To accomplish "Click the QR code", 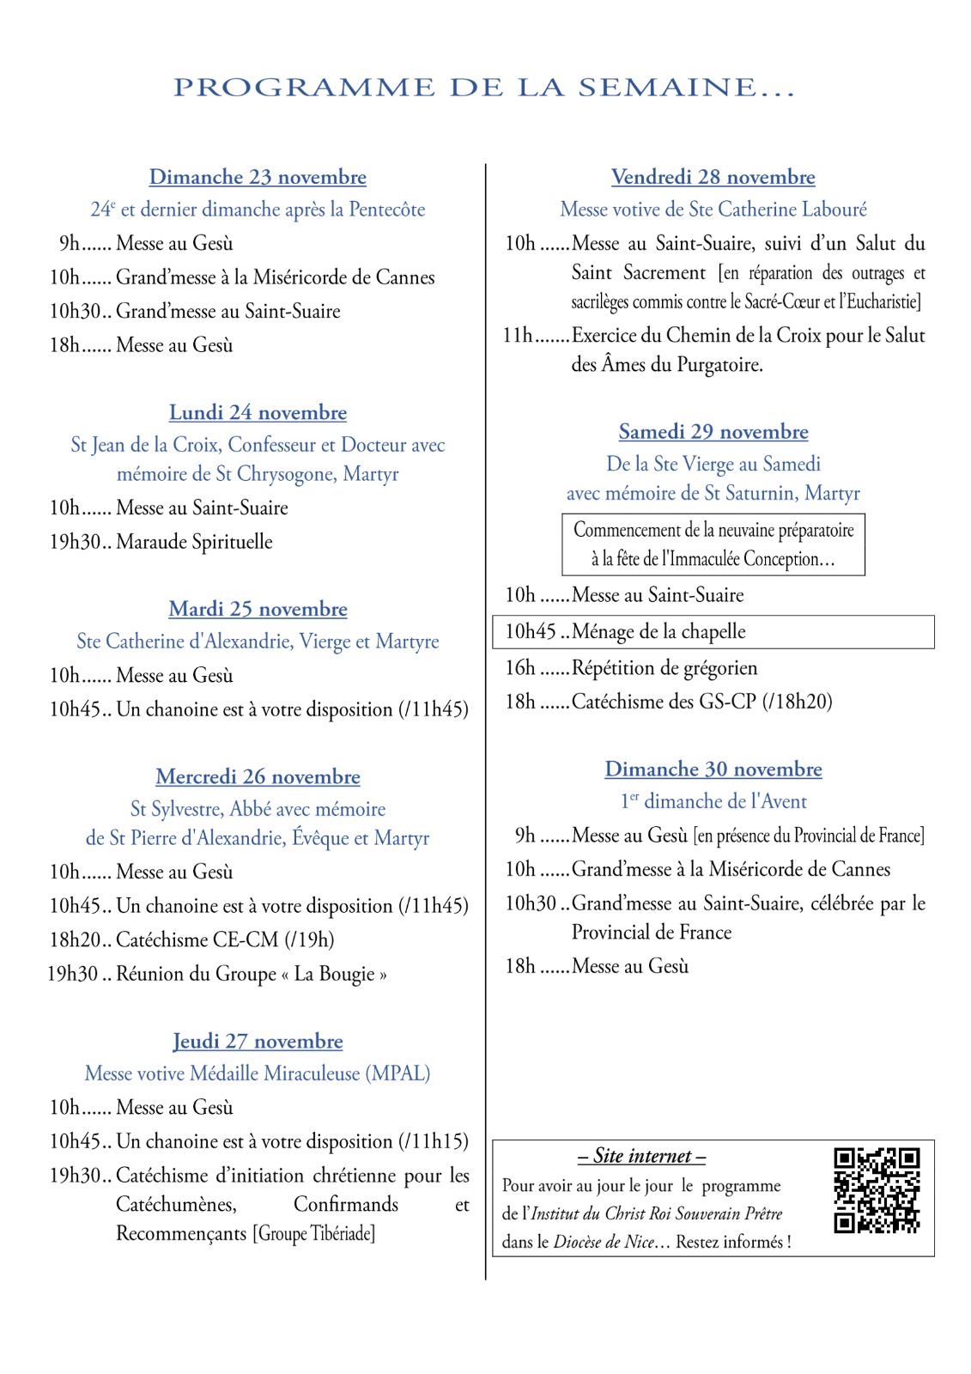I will [x=877, y=1190].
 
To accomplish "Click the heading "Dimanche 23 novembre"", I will [x=258, y=177].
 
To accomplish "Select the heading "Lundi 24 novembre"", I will [x=258, y=412].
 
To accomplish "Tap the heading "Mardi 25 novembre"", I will [x=258, y=609].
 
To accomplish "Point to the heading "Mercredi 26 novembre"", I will [x=258, y=776].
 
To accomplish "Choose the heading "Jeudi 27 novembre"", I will [x=258, y=1041].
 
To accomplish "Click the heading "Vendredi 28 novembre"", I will [x=713, y=177].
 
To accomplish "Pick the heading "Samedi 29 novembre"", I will [x=713, y=431].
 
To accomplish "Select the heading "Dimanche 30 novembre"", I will [x=713, y=769].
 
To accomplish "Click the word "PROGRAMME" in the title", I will [x=304, y=88].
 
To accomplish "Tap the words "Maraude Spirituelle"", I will [x=194, y=542].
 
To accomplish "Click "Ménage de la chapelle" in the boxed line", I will [x=658, y=632].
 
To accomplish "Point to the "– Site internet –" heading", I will [x=641, y=1156].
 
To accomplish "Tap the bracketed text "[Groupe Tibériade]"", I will [x=313, y=1234].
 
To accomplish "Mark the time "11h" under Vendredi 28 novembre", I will [x=518, y=335].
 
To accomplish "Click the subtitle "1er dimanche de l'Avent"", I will [x=713, y=801].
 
